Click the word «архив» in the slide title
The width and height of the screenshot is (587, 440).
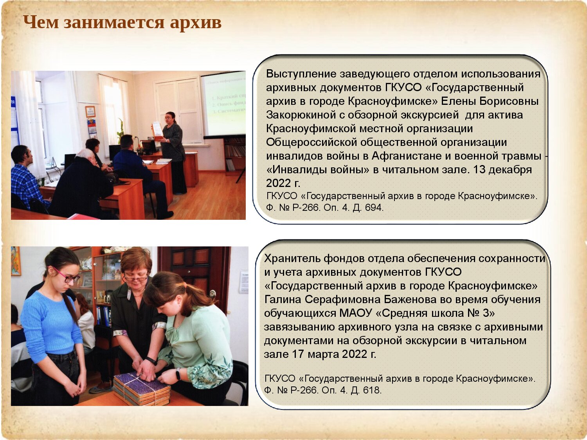tap(196, 22)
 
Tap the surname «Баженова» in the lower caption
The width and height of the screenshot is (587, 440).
tap(409, 300)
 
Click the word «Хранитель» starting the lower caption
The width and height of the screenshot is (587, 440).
tap(292, 259)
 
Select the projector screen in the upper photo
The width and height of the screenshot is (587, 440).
tap(223, 104)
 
